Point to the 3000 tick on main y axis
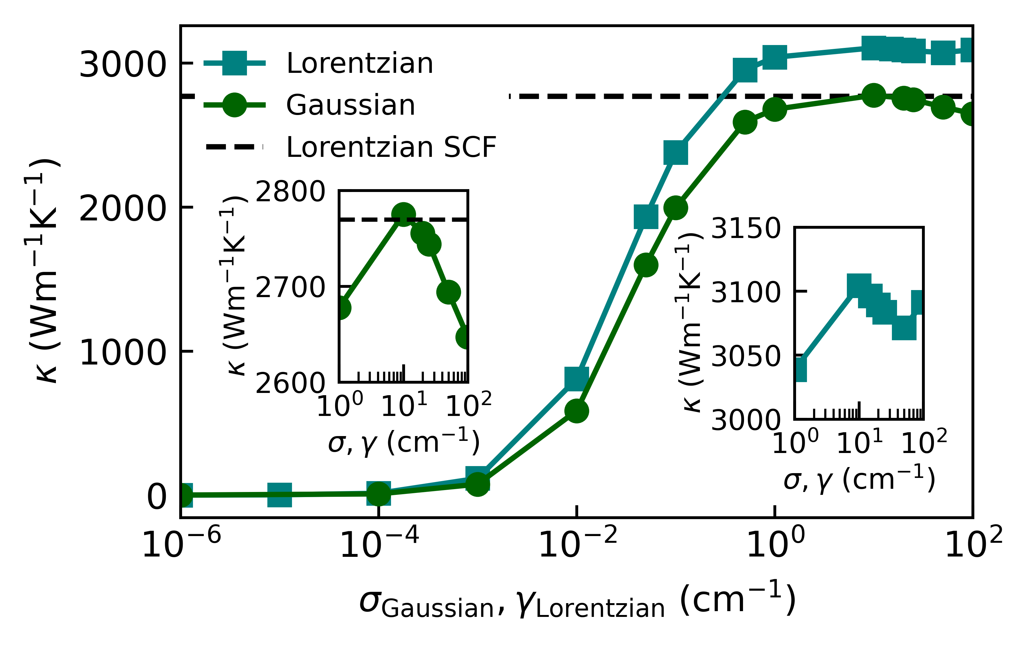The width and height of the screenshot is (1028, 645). (x=122, y=65)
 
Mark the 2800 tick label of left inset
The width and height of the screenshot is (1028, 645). (x=290, y=192)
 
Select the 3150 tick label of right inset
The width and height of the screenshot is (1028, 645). (x=746, y=229)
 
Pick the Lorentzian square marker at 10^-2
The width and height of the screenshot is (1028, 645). (x=577, y=378)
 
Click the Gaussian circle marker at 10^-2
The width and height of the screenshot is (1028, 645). (x=577, y=411)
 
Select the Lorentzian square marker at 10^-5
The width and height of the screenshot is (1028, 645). (x=280, y=495)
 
